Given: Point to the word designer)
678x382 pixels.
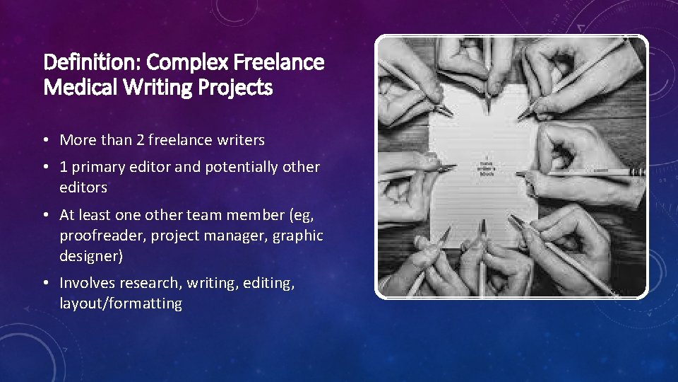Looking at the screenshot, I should tap(91, 255).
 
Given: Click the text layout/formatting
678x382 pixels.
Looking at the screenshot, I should tap(121, 303).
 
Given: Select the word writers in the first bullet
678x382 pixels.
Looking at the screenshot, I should tap(238, 140).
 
